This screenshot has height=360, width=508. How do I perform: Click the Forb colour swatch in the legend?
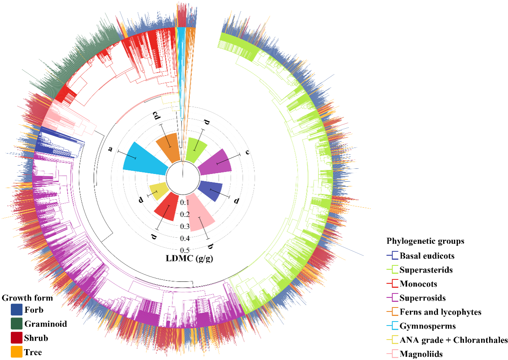[16, 309]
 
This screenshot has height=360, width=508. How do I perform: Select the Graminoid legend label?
[45, 324]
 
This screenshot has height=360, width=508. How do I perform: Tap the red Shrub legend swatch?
[16, 338]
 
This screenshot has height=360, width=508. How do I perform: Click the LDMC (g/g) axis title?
[189, 258]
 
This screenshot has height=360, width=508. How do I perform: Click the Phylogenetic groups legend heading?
[425, 241]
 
